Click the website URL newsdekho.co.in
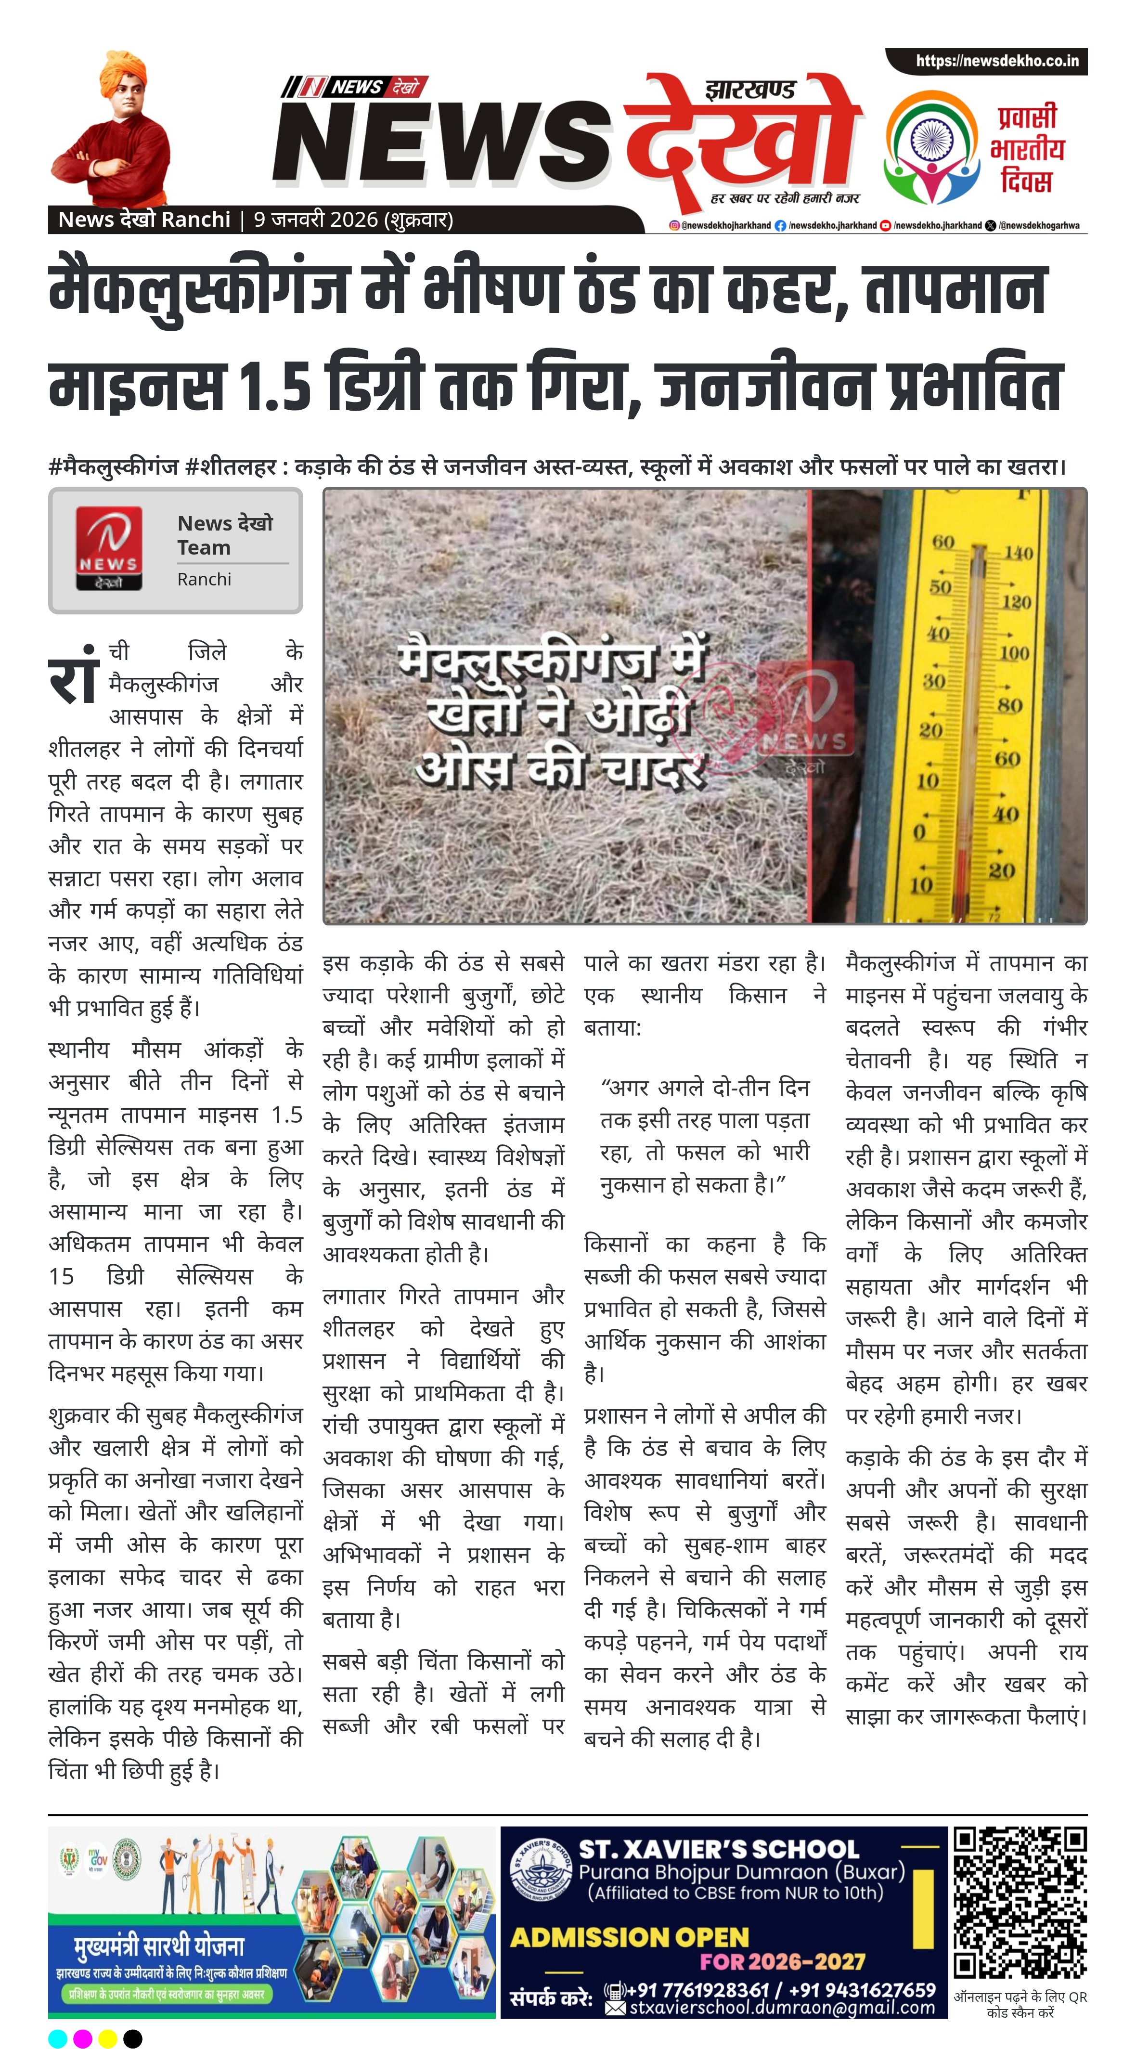click(x=997, y=61)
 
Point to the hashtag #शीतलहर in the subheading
click(x=231, y=467)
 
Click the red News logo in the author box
click(x=109, y=549)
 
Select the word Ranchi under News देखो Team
click(x=205, y=579)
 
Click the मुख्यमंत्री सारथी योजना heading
click(x=160, y=1946)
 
